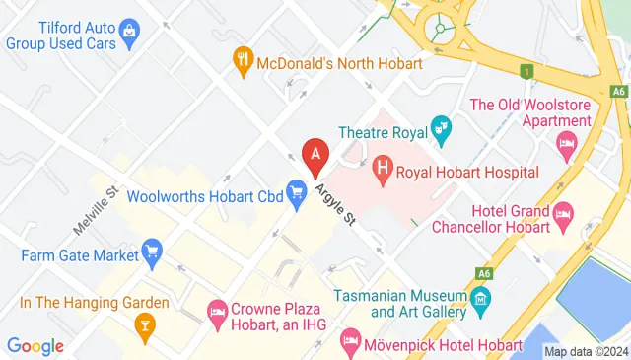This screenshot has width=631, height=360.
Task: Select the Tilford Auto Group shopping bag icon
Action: [130, 40]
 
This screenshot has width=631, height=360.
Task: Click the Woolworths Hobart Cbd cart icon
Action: [296, 193]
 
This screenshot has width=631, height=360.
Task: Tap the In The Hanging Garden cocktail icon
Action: [145, 324]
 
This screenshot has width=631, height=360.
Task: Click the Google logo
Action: [35, 346]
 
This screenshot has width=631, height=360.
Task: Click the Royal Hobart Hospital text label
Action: [468, 173]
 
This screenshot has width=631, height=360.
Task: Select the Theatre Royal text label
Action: [381, 131]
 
